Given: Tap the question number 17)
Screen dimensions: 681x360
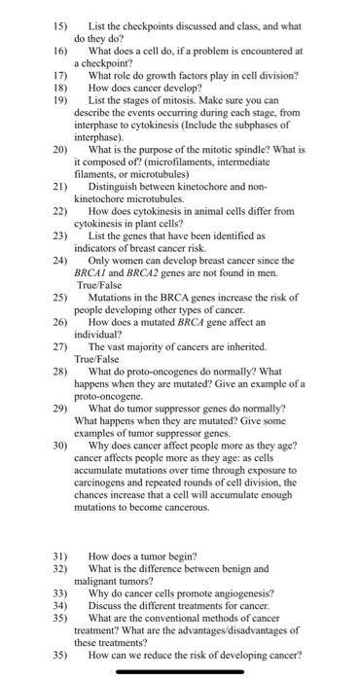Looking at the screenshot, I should point(60,73).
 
